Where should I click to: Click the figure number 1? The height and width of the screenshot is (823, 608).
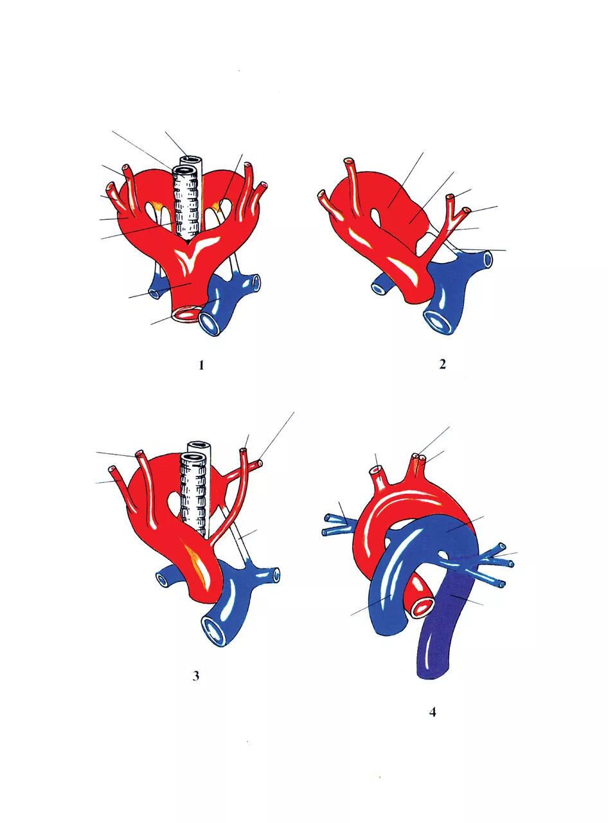pos(201,366)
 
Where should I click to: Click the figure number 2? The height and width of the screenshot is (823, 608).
pos(442,365)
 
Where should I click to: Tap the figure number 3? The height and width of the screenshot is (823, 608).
pos(196,676)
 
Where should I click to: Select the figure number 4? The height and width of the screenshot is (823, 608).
pos(432,712)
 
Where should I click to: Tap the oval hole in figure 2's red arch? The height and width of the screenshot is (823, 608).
pos(377,217)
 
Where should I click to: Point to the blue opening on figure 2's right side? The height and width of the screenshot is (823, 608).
pos(487,259)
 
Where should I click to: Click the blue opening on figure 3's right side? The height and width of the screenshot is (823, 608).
pos(276,575)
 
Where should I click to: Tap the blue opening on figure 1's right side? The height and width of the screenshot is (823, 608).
pos(256,282)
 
